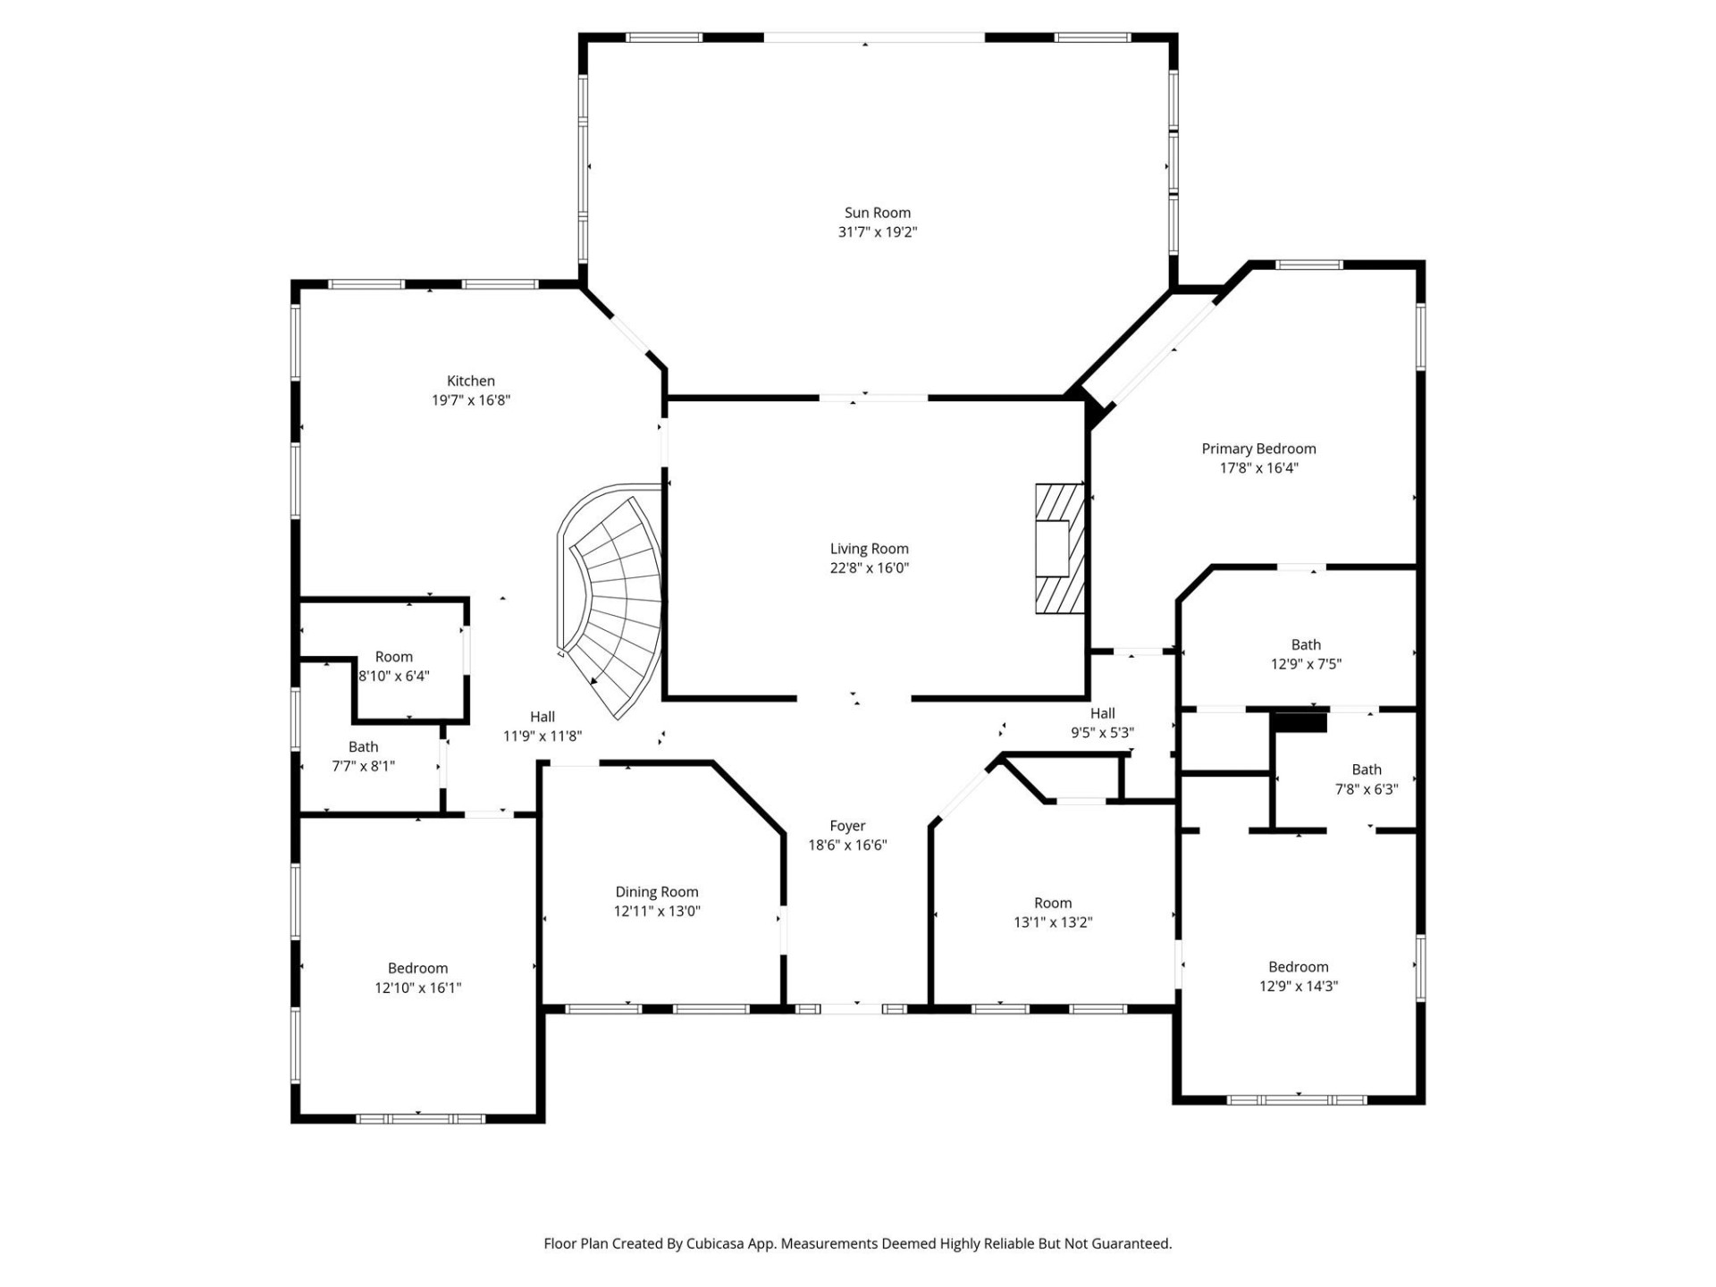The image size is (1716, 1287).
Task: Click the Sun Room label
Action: pos(877,213)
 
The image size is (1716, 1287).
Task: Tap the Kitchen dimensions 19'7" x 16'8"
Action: pos(470,400)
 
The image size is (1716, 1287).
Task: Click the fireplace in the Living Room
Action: pos(1060,548)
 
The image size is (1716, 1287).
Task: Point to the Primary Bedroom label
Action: pos(1258,449)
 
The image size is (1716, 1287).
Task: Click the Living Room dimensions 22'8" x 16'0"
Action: pos(869,568)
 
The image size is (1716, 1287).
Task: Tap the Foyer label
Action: pos(846,826)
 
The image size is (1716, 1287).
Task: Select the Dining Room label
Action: pos(656,892)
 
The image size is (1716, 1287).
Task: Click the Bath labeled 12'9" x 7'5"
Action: pos(1305,654)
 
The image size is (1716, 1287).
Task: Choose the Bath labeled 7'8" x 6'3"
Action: pos(1366,779)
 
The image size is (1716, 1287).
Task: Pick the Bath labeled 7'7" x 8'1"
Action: pos(363,756)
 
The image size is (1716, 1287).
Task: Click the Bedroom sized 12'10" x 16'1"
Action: pos(417,978)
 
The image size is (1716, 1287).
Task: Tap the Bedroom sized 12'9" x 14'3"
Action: pos(1298,976)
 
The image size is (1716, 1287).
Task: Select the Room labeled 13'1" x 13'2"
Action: pos(1052,913)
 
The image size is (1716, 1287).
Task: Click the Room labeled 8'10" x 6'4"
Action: pos(393,666)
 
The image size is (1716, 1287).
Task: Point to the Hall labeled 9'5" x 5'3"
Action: pos(1102,723)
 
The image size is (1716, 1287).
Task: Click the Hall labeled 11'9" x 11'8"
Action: pos(542,726)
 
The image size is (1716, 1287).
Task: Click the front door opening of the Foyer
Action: pos(852,1009)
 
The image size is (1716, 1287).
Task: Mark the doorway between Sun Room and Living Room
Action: pos(873,398)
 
